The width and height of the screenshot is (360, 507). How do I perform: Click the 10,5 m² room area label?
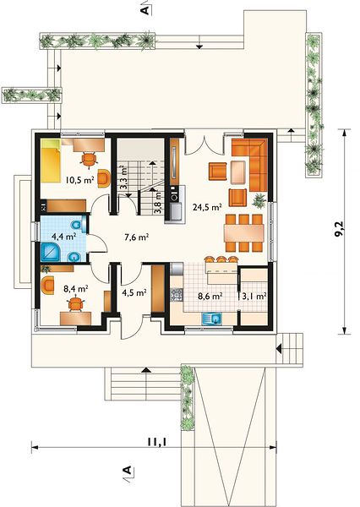pyautogui.click(x=79, y=180)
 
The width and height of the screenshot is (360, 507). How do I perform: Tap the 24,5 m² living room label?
pyautogui.click(x=207, y=207)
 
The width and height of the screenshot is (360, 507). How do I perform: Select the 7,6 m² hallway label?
pyautogui.click(x=137, y=237)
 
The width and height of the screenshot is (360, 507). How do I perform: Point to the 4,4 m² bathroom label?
pyautogui.click(x=63, y=237)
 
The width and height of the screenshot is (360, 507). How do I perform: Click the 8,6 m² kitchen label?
pyautogui.click(x=210, y=296)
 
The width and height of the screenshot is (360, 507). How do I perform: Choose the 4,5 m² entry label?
pyautogui.click(x=134, y=293)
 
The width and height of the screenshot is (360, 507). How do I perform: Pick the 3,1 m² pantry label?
pyautogui.click(x=253, y=296)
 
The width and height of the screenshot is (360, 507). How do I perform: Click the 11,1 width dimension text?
pyautogui.click(x=157, y=442)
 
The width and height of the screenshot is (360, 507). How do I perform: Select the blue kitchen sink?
pyautogui.click(x=212, y=319)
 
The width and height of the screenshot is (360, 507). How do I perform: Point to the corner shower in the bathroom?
pyautogui.click(x=51, y=252)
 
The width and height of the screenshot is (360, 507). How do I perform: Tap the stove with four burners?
pyautogui.click(x=177, y=295)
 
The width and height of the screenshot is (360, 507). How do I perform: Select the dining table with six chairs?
pyautogui.click(x=244, y=233)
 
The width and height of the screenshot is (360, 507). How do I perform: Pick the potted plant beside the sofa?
pyautogui.click(x=259, y=200)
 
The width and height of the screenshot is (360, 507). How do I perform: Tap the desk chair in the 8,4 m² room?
pyautogui.click(x=76, y=304)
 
